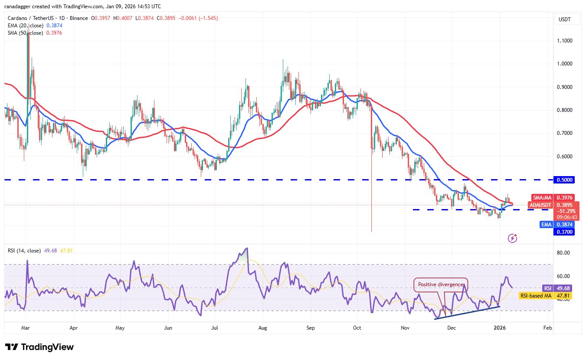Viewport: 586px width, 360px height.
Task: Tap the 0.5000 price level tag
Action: click(x=564, y=180)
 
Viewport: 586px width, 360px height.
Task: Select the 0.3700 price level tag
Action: click(x=564, y=232)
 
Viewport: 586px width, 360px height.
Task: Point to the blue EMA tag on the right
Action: click(x=546, y=224)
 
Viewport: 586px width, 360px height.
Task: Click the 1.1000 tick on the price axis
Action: click(x=564, y=41)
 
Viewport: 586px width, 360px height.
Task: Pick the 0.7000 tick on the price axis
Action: click(x=564, y=133)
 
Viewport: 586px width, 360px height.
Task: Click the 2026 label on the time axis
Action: click(x=500, y=328)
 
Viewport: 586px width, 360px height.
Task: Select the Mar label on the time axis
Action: click(x=26, y=328)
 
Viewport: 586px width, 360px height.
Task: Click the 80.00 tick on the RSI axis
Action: click(x=563, y=253)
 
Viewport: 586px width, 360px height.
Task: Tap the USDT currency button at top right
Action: click(x=565, y=19)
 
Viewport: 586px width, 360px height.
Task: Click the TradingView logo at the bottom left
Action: click(x=39, y=347)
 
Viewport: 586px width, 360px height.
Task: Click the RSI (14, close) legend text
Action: click(x=24, y=250)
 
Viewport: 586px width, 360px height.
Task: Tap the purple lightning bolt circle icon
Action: click(x=512, y=238)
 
